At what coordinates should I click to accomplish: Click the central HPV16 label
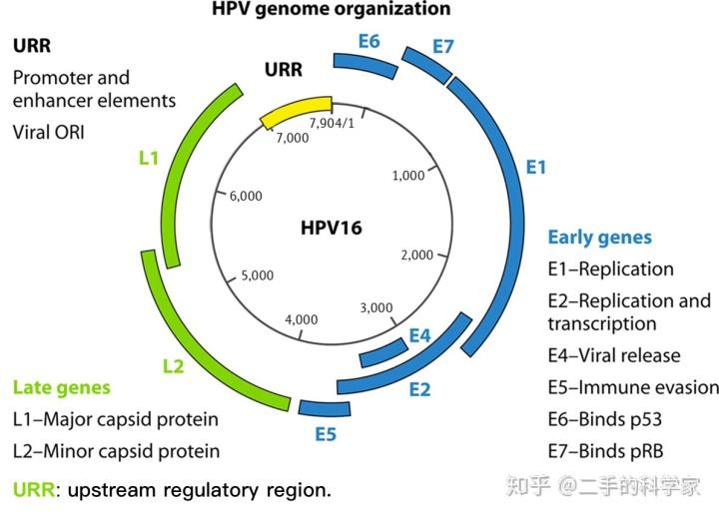[331, 227]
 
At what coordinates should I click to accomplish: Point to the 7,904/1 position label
[340, 124]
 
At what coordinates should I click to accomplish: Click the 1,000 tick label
[408, 176]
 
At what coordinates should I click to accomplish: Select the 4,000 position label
[301, 319]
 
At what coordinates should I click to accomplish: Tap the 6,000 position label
[245, 196]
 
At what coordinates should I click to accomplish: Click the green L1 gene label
[149, 158]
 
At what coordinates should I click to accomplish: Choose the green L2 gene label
[173, 366]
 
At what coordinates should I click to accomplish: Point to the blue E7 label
[443, 46]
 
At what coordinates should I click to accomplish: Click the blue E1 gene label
[536, 168]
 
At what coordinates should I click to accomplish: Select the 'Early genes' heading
[599, 238]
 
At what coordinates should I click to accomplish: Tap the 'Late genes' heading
[61, 387]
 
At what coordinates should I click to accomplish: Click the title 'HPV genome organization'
[331, 10]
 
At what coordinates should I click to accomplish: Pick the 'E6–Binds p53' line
[604, 419]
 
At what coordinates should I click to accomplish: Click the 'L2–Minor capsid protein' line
[116, 451]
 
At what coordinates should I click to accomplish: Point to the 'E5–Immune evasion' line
[632, 387]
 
